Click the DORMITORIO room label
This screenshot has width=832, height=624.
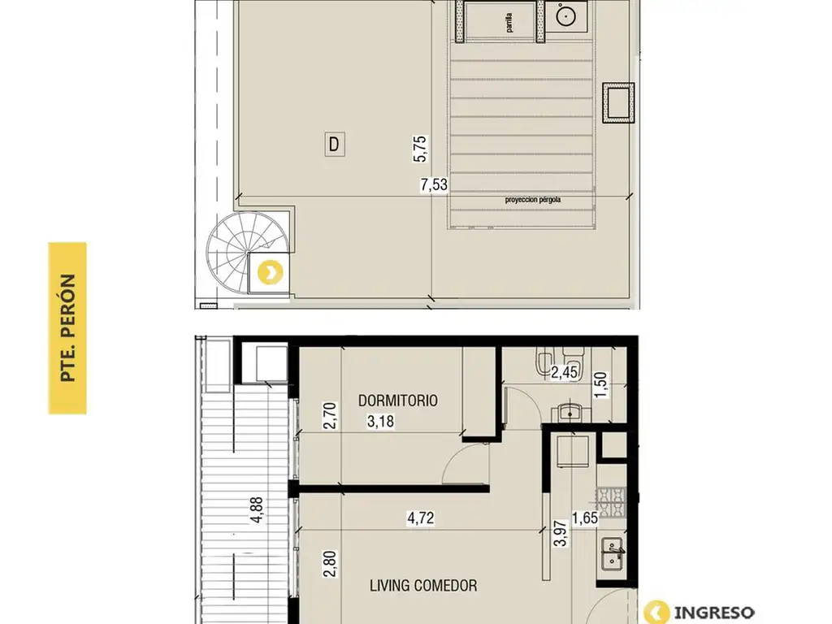398,401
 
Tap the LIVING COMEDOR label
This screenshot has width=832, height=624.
422,585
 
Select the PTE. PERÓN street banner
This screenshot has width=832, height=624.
67,328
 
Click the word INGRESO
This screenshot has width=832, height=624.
713,613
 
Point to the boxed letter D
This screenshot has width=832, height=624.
334,145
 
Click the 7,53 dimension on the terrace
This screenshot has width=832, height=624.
434,184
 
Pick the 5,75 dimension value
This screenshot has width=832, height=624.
420,149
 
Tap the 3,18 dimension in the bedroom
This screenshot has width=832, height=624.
380,422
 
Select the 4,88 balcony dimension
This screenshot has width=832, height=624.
257,510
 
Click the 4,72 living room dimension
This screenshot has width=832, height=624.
420,518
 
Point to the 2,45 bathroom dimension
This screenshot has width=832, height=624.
564,372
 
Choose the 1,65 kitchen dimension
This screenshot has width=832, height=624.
585,518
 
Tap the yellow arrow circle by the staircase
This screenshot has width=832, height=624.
270,273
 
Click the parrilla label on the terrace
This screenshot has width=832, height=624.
509,23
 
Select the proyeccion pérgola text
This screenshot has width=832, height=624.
533,200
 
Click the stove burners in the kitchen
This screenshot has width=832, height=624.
611,502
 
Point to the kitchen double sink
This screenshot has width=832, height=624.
612,554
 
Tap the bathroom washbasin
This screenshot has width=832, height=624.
570,412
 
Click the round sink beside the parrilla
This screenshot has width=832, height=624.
565,16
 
